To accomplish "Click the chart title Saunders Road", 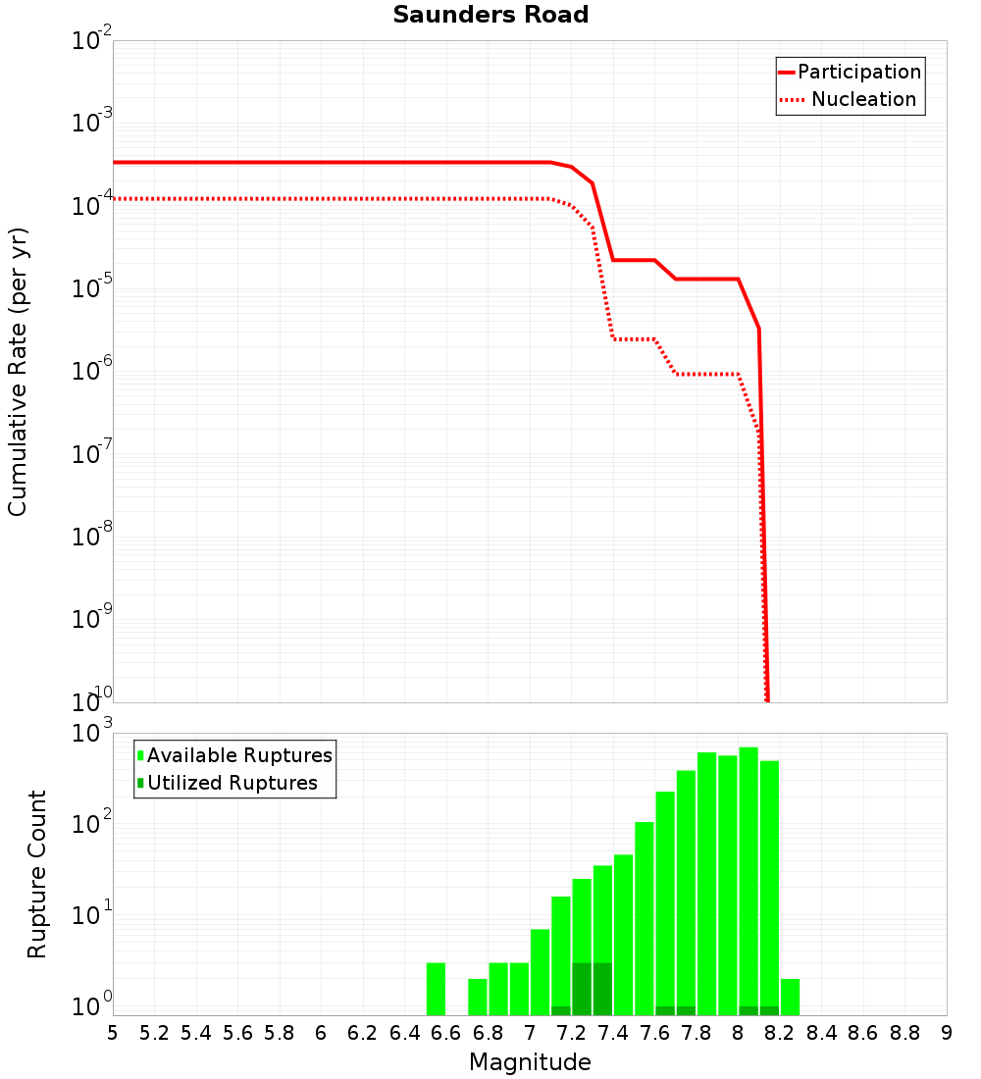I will (490, 15).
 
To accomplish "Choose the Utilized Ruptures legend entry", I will (232, 783).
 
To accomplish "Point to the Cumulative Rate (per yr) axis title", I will (18, 372).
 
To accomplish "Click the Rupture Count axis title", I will (37, 874).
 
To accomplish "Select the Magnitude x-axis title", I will (530, 1062).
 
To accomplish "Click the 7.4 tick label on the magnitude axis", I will (613, 1033).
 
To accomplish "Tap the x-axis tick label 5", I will (113, 1033).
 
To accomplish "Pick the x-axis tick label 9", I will (946, 1033).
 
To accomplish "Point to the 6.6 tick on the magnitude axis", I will (446, 1033).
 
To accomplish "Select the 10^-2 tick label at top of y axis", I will (91, 41).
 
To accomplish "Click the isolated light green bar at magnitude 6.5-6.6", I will (436, 989).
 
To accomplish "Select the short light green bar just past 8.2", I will (790, 997).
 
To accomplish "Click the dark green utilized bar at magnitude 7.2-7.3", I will (582, 989).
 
